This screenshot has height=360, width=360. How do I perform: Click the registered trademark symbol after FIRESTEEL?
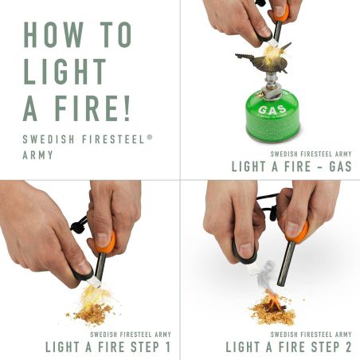(x=149, y=137)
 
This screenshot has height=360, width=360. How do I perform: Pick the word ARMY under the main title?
(x=37, y=155)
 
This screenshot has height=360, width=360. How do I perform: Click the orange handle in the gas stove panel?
(x=280, y=12)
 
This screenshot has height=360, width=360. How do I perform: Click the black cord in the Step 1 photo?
(x=80, y=225)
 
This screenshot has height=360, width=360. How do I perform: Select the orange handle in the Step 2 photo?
(x=299, y=231)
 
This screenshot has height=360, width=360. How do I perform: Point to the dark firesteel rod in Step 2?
(x=283, y=267)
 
